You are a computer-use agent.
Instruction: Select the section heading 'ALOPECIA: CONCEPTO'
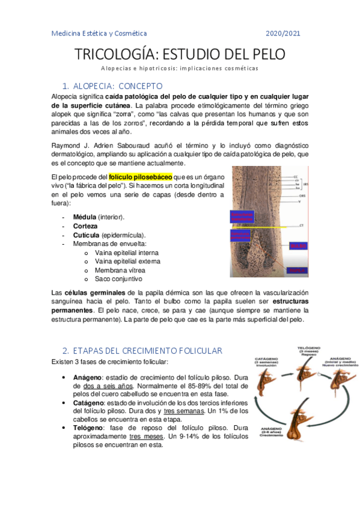click(x=118, y=86)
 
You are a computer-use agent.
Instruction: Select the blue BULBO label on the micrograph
click(x=299, y=245)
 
